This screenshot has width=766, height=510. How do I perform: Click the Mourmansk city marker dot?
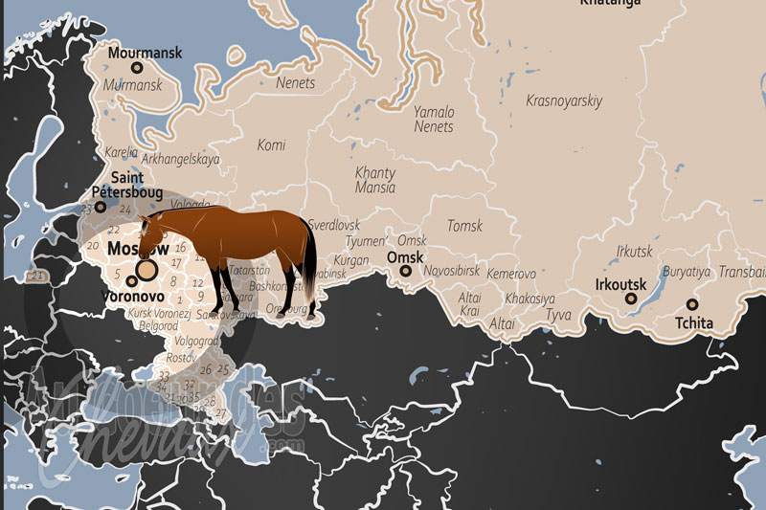tap(137, 68)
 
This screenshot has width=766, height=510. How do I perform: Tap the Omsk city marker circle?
tap(406, 271)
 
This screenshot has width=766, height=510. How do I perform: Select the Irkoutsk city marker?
tap(632, 299)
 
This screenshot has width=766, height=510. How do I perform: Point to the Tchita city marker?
tap(692, 305)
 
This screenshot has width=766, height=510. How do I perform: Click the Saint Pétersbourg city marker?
tap(101, 207)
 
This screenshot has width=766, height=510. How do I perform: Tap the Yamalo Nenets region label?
tap(434, 119)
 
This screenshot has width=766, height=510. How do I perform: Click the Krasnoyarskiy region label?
tap(564, 100)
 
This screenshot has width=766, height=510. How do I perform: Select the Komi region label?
tap(271, 144)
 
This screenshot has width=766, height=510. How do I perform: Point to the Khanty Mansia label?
tap(375, 180)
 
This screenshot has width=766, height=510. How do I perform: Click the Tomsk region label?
tap(465, 226)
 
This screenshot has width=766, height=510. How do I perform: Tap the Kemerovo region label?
tap(511, 274)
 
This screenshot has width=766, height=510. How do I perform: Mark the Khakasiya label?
tap(529, 299)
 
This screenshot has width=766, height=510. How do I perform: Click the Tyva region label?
tap(558, 315)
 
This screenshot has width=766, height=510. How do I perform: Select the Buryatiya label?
tap(687, 272)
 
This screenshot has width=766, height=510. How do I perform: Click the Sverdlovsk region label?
tap(333, 225)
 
